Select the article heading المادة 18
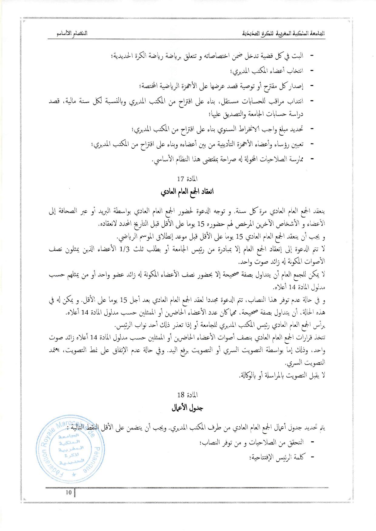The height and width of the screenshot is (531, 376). (187, 395)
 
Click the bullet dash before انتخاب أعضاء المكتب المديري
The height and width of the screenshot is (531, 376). (311, 71)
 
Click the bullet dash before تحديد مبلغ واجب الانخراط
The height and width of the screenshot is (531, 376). (311, 130)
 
